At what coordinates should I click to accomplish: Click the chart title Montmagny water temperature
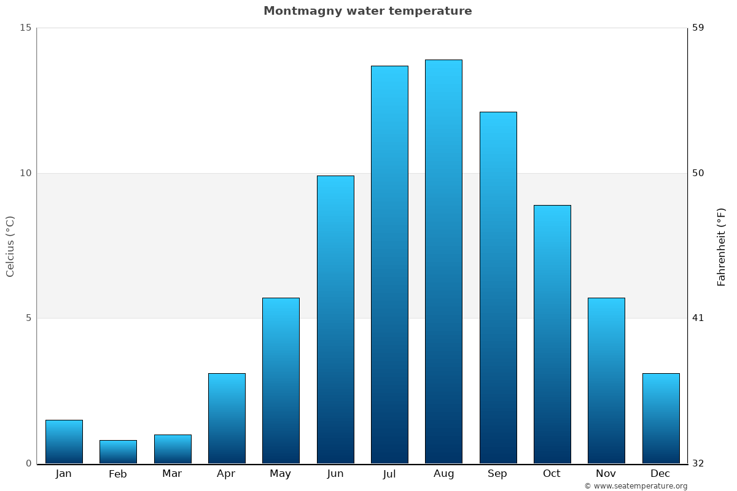click(367, 11)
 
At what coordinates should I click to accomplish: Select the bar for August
click(443, 261)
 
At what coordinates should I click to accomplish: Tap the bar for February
click(118, 452)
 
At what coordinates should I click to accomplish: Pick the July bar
click(389, 265)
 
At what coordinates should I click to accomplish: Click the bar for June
click(335, 319)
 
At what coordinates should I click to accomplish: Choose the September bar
click(497, 287)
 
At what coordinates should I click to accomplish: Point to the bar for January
click(64, 441)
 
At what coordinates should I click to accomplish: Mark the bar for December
click(661, 418)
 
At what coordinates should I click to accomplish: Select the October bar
click(552, 334)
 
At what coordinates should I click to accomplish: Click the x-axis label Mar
click(172, 474)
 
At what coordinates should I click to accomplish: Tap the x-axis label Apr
click(226, 474)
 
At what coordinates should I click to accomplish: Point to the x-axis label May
click(280, 474)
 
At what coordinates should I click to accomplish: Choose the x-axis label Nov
click(606, 474)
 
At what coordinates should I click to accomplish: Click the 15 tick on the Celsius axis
click(25, 28)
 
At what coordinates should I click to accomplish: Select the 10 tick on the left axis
click(25, 173)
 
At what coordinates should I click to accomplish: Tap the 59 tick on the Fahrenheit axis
click(698, 28)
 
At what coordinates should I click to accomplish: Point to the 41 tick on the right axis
click(698, 318)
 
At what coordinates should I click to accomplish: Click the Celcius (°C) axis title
click(10, 246)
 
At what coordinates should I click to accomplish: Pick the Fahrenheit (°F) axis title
click(722, 246)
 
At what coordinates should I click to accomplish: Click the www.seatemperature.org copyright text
click(636, 486)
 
